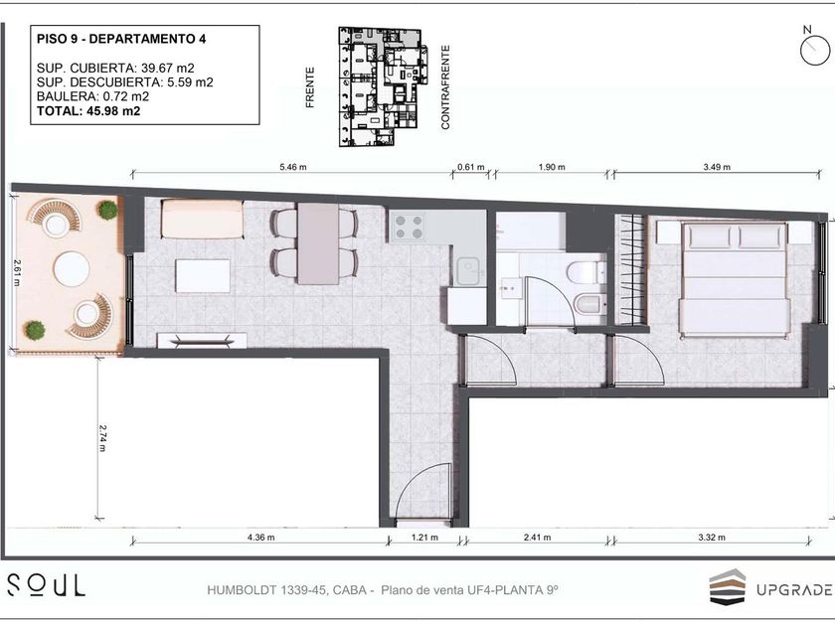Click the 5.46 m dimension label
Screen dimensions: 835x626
pos(293,167)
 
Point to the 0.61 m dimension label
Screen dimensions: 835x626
pos(471,167)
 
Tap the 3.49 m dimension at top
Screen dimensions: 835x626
pos(717,167)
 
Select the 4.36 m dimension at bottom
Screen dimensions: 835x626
pos(260,538)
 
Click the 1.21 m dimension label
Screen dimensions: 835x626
pos(424,538)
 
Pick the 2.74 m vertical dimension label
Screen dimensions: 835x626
pos(102,437)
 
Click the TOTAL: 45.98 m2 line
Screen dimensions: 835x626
pos(88,111)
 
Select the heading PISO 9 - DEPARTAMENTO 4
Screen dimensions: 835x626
pos(121,39)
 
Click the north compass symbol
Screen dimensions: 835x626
pos(815,48)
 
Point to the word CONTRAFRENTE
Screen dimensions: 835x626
pos(445,87)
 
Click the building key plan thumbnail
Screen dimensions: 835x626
pos(384,86)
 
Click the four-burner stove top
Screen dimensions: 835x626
pos(410,227)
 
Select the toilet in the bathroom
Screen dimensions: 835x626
pos(586,272)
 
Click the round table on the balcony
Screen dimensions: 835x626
pos(72,268)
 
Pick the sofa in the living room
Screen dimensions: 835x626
pos(203,219)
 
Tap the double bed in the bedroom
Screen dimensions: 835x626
pos(735,280)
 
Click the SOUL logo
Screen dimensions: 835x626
pos(46,585)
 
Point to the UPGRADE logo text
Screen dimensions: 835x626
pos(794,590)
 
